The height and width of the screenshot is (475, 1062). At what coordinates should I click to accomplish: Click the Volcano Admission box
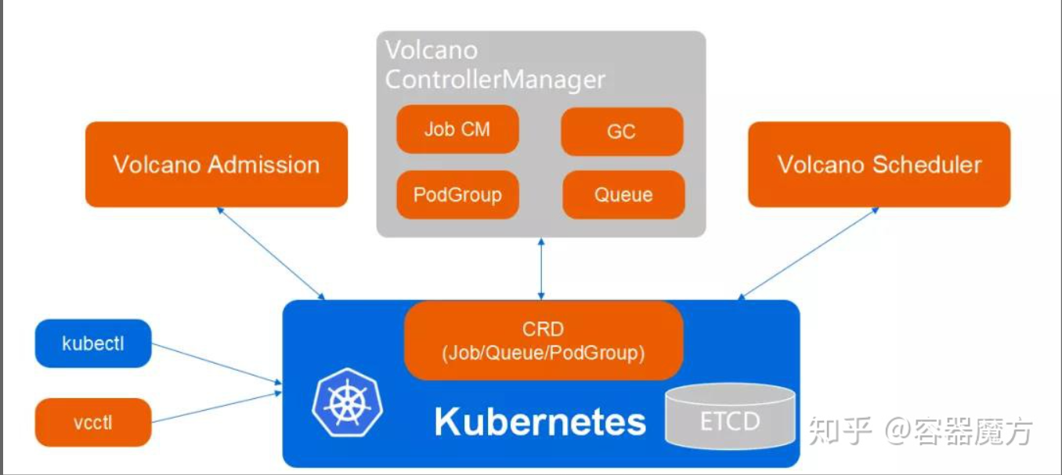216,165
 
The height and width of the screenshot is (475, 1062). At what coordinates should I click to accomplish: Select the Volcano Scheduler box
879,165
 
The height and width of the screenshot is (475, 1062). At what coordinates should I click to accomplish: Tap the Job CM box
457,129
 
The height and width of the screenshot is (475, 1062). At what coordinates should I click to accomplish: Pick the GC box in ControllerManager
622,132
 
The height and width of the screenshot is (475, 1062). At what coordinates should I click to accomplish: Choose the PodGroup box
457,194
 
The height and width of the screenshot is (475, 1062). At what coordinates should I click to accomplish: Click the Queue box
623,194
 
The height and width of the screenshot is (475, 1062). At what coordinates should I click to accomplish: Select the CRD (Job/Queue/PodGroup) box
544,340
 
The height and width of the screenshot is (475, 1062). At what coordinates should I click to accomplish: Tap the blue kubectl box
93,343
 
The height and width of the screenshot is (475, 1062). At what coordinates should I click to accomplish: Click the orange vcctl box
93,422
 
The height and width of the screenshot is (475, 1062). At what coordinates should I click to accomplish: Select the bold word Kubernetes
540,421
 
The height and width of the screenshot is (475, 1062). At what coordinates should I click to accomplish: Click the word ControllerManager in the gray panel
496,79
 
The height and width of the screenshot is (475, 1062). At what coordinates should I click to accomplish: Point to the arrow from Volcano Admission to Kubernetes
272,252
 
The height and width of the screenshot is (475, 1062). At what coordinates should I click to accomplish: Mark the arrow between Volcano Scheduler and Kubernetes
808,252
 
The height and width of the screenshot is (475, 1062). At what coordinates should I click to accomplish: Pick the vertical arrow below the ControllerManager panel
540,268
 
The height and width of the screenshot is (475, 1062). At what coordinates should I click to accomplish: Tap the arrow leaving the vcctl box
216,407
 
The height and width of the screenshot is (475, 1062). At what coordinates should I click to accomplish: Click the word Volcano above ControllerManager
432,51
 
